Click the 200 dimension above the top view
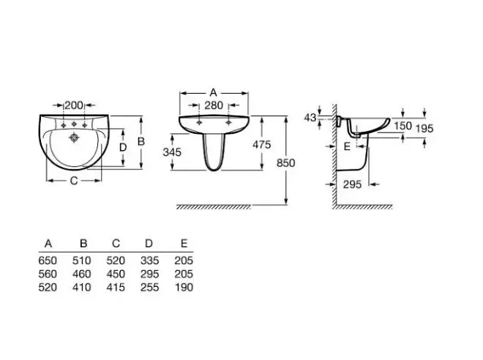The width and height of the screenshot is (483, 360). coord(74,105)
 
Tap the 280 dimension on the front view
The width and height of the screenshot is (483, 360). coord(214,105)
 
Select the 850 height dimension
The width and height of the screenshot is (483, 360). coord(286,162)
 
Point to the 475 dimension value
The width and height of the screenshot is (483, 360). coord(262,144)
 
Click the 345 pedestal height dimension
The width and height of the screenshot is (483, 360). coord(172,151)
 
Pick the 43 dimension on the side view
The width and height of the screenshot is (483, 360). coord(310,118)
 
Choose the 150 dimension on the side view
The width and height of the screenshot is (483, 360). coord(403,126)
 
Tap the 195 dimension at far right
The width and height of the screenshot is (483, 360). coord(424,129)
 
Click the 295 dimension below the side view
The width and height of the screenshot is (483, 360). coord(353,184)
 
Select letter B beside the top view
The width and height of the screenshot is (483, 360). coord(141,141)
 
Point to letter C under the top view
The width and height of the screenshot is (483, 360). coord(74,181)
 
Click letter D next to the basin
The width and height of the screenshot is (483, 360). coord(123,148)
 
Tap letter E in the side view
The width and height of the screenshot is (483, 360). coord(347,146)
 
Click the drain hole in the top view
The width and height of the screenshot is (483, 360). coord(74,138)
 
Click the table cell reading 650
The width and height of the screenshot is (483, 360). coord(48,260)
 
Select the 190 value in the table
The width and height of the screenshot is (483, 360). coord(184,288)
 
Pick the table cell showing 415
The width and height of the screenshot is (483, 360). coord(116,288)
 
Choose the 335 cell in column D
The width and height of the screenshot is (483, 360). coord(150,260)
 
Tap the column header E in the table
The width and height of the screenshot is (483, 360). coord(184,244)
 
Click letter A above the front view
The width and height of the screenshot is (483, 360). coord(213,92)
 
